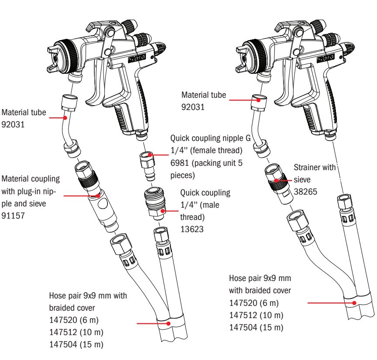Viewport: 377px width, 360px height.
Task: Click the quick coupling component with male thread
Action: [155, 206]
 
